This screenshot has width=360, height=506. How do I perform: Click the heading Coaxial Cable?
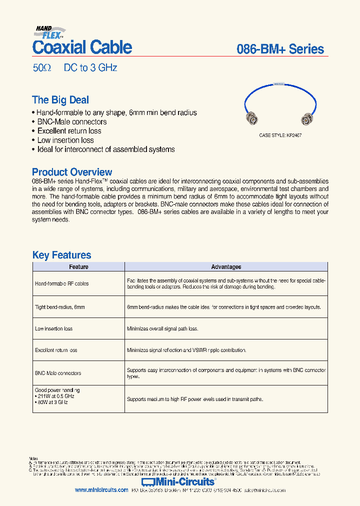coord(82,47)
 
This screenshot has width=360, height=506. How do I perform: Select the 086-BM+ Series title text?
coord(280,49)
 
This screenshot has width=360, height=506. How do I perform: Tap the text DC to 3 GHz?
coord(90,68)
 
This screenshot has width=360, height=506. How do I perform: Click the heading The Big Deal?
coord(60,100)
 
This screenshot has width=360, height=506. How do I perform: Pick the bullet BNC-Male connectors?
coord(71,122)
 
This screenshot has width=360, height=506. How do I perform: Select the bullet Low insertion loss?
coord(65,140)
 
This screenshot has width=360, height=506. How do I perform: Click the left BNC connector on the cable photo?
coord(251,119)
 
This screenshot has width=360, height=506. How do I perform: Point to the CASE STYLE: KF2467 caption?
coord(280,135)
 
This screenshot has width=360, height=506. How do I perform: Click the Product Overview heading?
coord(72,172)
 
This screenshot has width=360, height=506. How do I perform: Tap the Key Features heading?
coord(61,255)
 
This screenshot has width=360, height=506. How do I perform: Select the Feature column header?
coord(78,267)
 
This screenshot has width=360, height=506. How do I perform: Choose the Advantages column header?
coord(226,267)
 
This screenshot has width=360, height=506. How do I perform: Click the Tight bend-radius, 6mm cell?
coord(60,307)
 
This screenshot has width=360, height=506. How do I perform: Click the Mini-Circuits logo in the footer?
coord(178,481)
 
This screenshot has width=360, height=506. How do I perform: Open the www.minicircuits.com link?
coord(101,490)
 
